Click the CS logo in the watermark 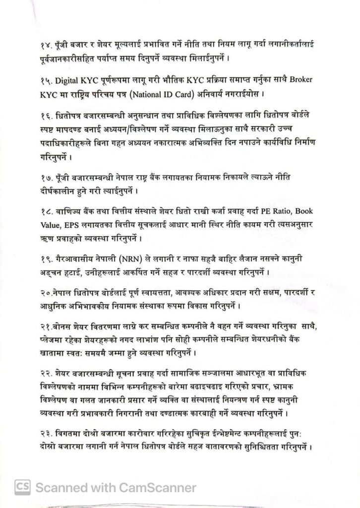tap(23, 487)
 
